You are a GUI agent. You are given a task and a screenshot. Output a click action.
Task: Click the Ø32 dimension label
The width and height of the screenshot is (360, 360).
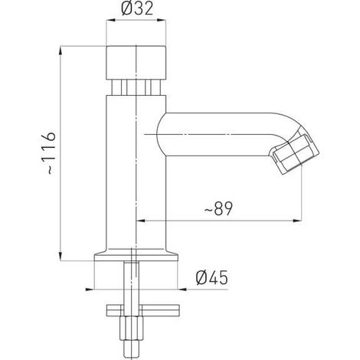coord(137,8)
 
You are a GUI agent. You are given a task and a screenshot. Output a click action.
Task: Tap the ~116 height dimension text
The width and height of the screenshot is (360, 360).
coord(48,153)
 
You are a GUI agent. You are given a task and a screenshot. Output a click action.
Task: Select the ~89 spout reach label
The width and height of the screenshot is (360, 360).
coord(218,208)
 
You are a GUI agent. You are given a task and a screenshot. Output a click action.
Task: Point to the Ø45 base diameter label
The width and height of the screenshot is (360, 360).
coord(211,277)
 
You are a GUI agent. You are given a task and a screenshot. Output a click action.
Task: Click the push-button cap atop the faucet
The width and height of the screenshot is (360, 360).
coord(136,63)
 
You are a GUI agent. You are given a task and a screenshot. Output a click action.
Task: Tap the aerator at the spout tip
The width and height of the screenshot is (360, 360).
coord(296,155)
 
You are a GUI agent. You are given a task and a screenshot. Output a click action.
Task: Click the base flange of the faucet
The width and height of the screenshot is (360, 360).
coord(136,255)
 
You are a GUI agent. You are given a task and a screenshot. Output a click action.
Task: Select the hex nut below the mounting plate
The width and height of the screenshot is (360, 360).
coord(131,329)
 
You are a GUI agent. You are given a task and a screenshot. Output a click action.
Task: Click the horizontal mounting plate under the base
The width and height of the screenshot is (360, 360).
coord(143,310)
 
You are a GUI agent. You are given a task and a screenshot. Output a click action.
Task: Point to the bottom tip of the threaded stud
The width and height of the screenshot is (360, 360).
coord(131,357)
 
